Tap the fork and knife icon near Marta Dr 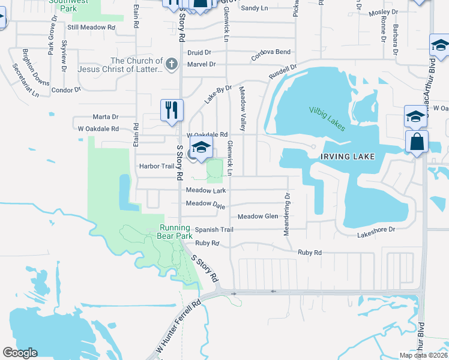pyautogui.click(x=171, y=110)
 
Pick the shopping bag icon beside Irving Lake pyautogui.click(x=417, y=142)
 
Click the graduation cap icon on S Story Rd pyautogui.click(x=202, y=148)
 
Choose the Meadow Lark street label pyautogui.click(x=206, y=190)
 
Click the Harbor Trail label pyautogui.click(x=156, y=166)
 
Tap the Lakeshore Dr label pyautogui.click(x=376, y=229)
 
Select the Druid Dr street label pyautogui.click(x=199, y=53)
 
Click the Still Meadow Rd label pyautogui.click(x=91, y=28)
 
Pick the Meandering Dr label pyautogui.click(x=288, y=214)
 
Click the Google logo pyautogui.click(x=20, y=353)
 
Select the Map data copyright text pyautogui.click(x=423, y=355)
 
